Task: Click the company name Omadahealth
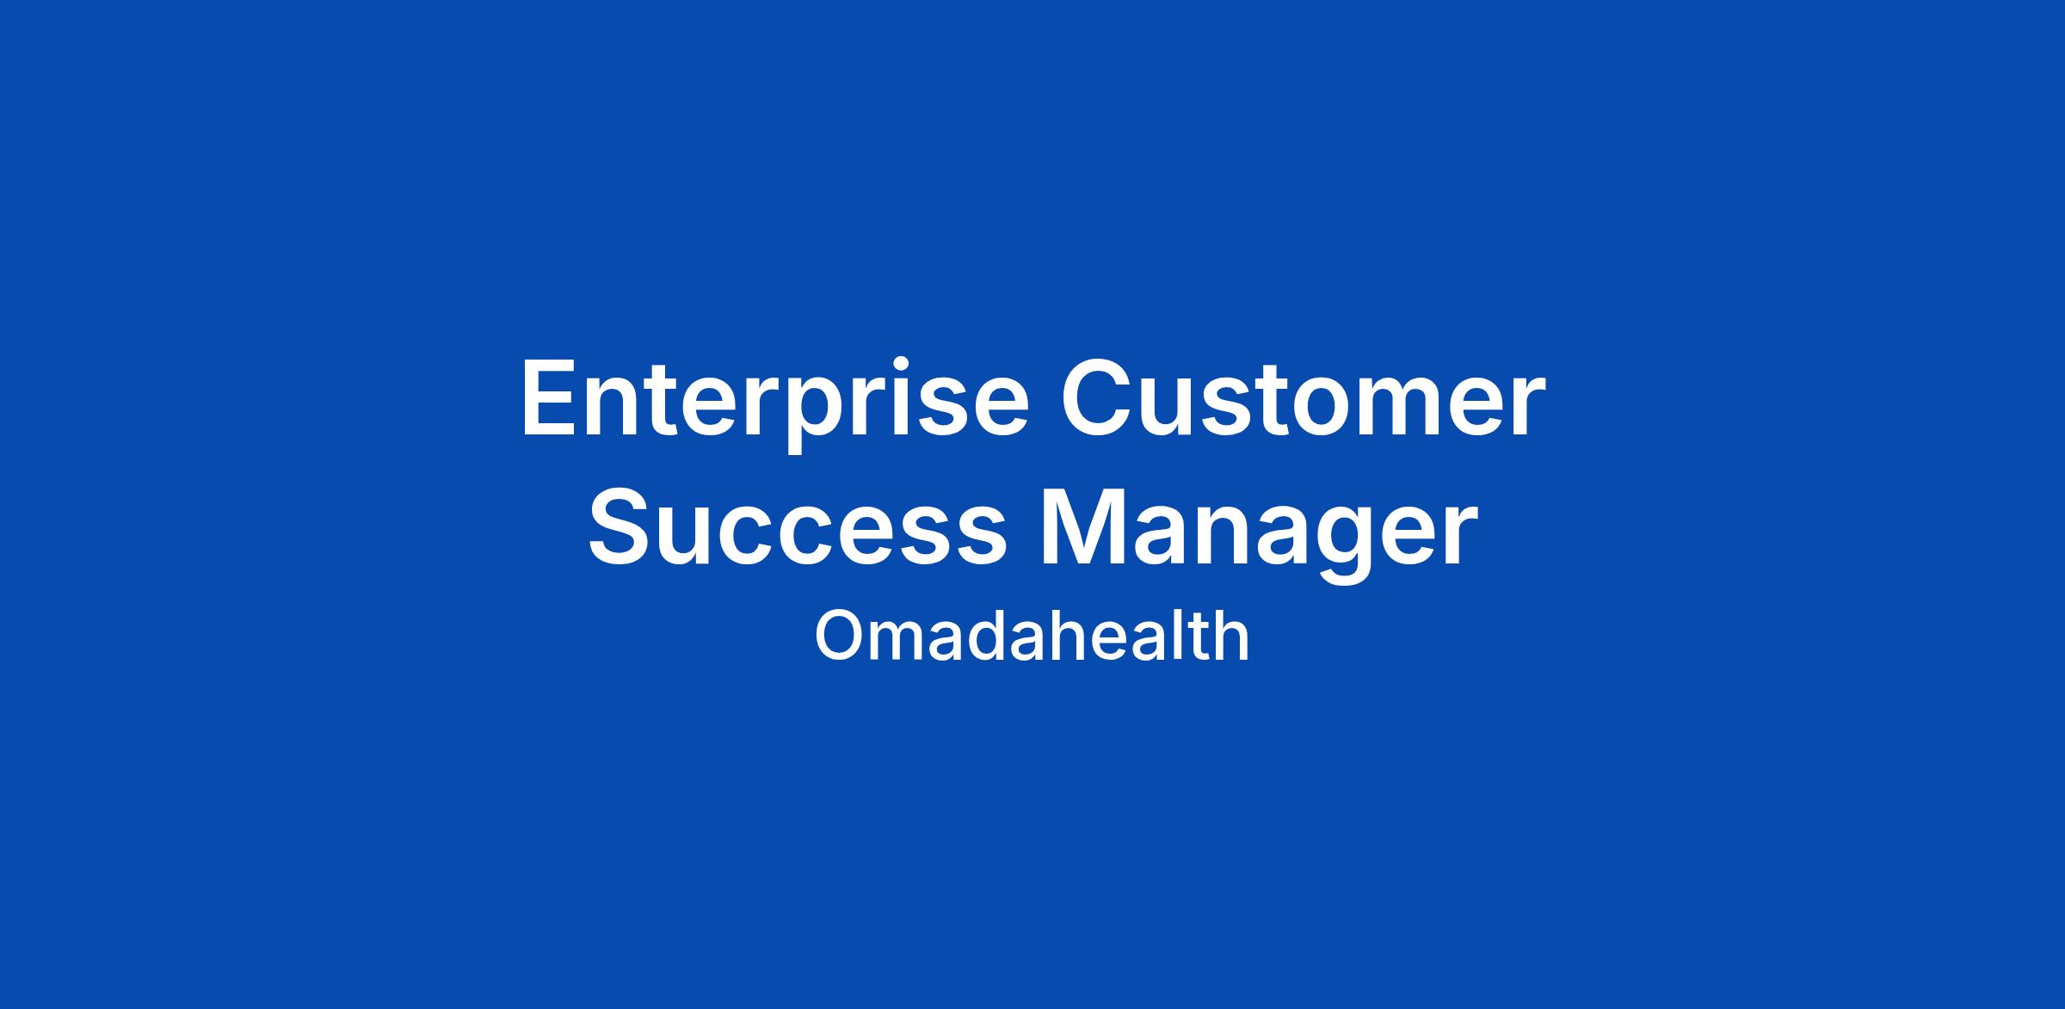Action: point(1032,636)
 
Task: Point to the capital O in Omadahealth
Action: point(839,637)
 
